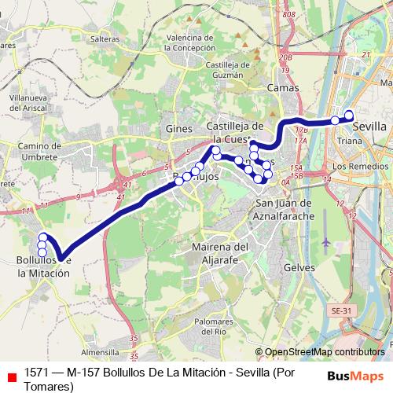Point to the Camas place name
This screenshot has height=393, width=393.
tap(281, 89)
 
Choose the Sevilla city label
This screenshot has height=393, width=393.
tap(369, 126)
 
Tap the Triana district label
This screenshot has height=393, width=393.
tap(347, 140)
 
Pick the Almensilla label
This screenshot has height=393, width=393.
tap(105, 352)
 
